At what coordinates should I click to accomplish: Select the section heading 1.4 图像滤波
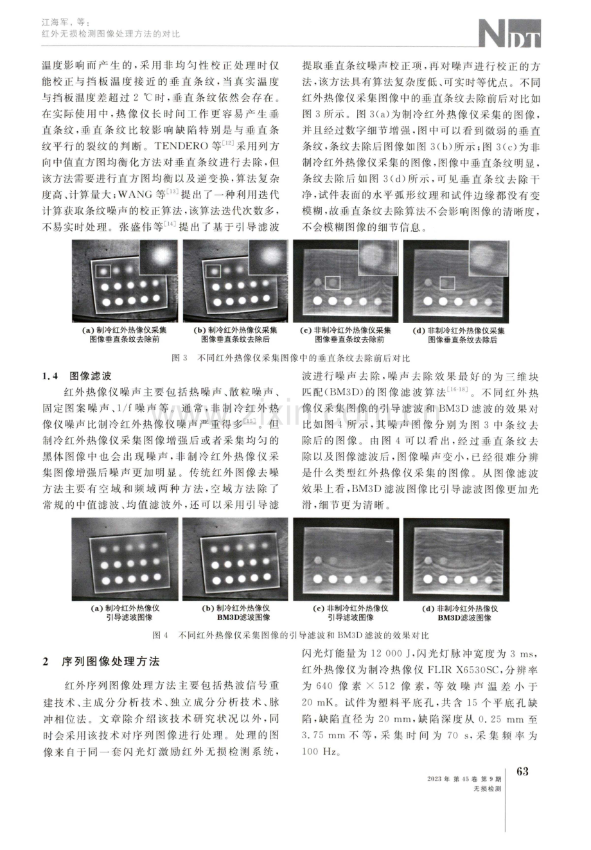point(76,376)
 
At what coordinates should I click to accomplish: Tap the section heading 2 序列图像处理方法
point(101,661)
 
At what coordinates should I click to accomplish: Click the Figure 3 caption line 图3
point(291,358)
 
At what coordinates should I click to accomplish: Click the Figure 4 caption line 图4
point(290,635)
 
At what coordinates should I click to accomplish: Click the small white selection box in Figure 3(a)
point(103,271)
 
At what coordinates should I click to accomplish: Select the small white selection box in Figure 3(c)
point(333,283)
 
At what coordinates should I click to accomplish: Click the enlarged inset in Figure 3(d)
point(489,258)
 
